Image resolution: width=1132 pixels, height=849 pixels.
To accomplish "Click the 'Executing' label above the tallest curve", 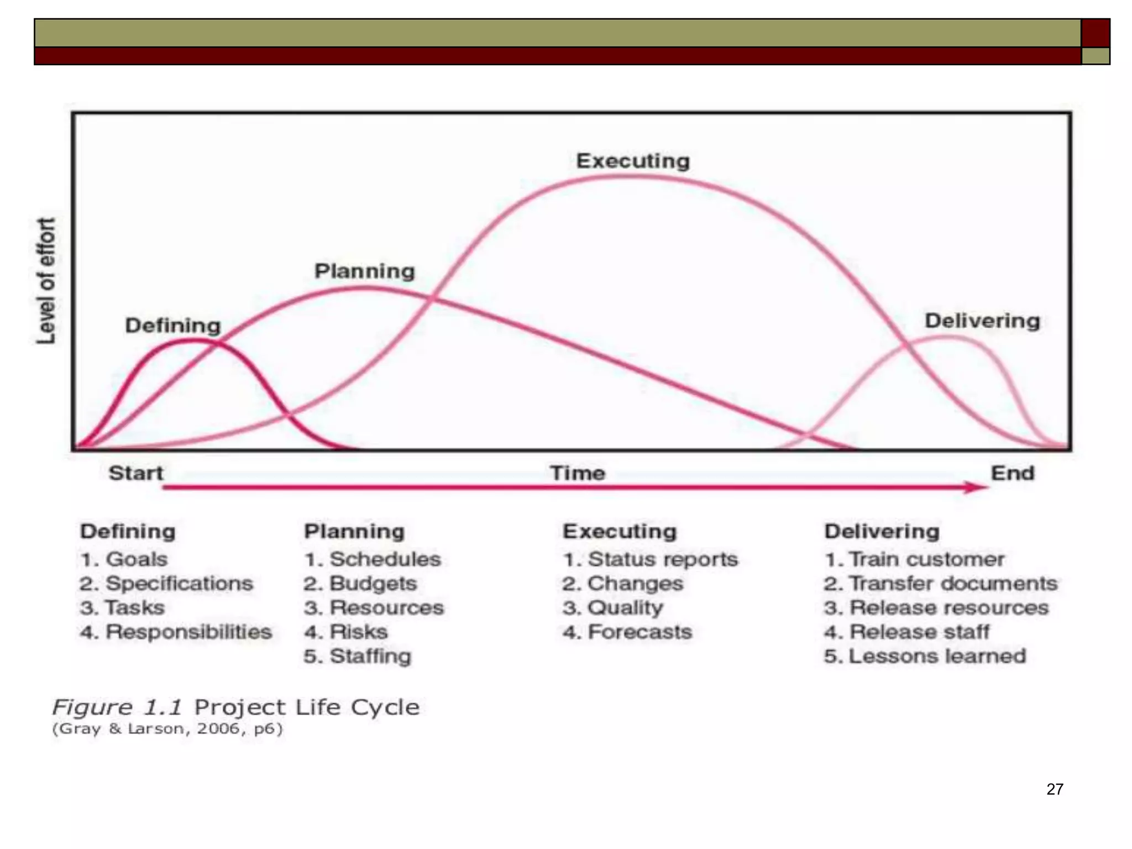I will click(633, 161).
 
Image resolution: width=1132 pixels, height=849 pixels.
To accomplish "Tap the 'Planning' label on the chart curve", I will click(364, 271).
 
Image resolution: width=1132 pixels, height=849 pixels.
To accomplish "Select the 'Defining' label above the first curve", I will click(172, 325).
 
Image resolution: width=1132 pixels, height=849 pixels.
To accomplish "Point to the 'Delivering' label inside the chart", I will click(982, 321).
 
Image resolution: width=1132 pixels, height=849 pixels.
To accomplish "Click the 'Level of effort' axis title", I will click(46, 281).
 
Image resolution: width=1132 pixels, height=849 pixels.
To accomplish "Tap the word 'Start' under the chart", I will click(136, 473).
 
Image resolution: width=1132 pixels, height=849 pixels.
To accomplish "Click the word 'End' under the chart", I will click(1012, 473).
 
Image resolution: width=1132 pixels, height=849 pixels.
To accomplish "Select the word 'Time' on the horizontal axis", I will click(578, 473).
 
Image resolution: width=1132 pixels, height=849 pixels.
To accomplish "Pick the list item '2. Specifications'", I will click(166, 583).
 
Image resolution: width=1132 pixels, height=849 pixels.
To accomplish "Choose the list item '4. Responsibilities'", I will click(176, 632).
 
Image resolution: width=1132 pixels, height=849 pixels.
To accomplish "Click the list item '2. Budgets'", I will click(360, 583).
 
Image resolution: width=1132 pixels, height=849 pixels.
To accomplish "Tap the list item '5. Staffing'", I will click(358, 656).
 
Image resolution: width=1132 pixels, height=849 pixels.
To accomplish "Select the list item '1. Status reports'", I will click(651, 559).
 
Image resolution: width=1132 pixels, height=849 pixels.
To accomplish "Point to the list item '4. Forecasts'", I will click(627, 632).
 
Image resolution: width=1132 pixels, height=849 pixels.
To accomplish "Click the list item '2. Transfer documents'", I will click(940, 583).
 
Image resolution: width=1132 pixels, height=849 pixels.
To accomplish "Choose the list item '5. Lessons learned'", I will click(925, 656).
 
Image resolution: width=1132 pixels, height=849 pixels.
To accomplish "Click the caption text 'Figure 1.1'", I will click(117, 707).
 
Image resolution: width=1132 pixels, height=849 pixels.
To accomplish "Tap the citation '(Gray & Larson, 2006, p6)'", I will click(167, 729).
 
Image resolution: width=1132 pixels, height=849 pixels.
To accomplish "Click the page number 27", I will click(1055, 789).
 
